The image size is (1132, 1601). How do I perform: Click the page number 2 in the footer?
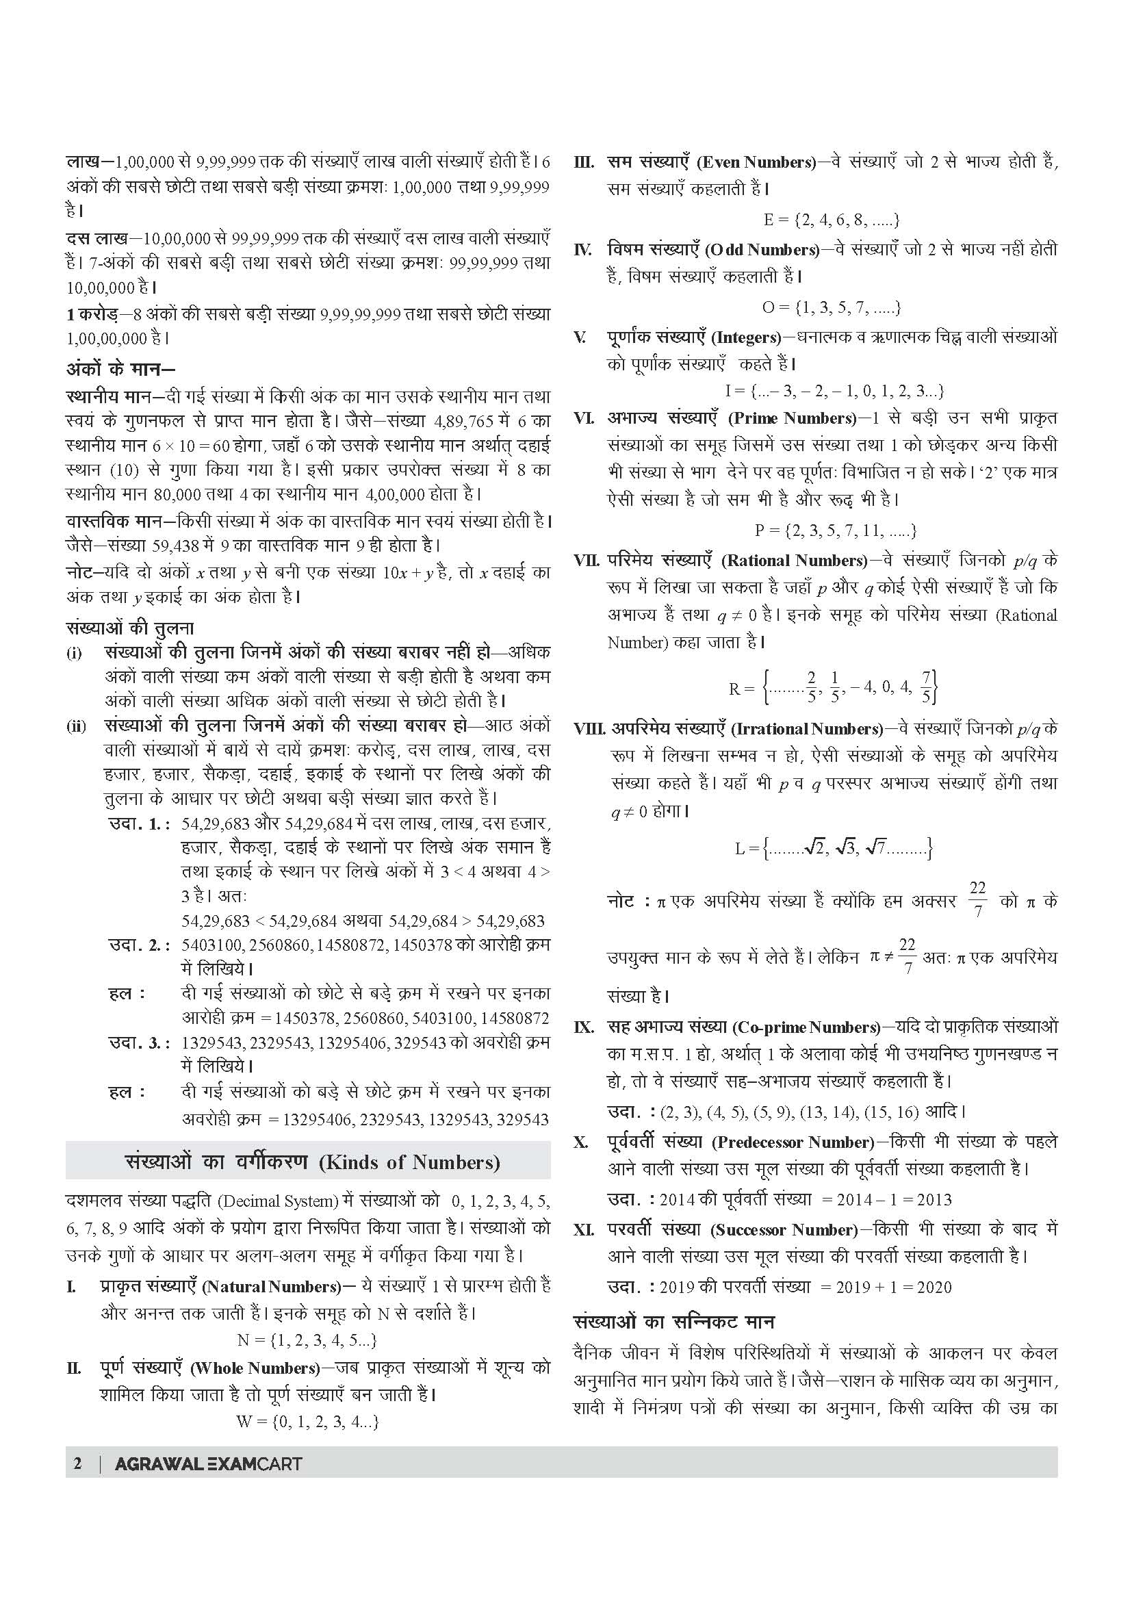[77, 1463]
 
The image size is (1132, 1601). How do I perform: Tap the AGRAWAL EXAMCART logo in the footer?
[209, 1463]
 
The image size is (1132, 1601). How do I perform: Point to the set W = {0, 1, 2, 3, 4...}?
[307, 1422]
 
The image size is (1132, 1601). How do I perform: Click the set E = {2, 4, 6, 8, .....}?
[832, 220]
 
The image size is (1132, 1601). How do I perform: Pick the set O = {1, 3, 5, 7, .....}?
[832, 307]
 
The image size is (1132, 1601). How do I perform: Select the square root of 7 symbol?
[875, 849]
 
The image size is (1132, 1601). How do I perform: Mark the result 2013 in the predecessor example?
[934, 1199]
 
